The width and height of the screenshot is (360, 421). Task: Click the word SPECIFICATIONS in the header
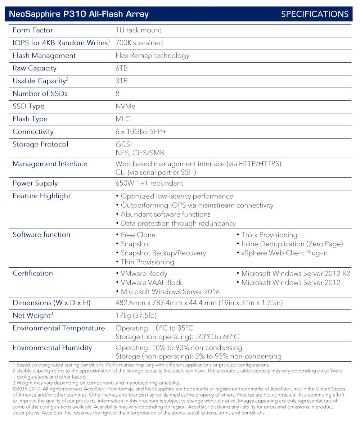point(314,14)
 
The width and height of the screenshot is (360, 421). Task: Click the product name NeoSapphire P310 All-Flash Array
point(78,14)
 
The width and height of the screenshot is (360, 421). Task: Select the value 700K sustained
point(139,43)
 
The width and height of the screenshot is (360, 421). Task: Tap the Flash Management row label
point(44,55)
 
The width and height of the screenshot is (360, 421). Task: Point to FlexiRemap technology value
point(152,55)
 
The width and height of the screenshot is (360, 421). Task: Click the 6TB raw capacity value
point(122,68)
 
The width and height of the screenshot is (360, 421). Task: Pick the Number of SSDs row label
point(40,94)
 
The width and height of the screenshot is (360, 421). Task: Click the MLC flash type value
point(123,119)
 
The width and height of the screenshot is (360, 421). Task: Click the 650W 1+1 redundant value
point(149,183)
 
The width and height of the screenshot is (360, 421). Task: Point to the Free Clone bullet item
point(138,235)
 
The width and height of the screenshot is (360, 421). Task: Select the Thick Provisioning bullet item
point(269,235)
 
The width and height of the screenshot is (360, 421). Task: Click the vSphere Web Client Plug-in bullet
point(284,253)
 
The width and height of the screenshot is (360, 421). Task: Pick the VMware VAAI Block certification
point(151,282)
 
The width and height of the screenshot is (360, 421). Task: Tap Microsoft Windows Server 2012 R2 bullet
point(296,273)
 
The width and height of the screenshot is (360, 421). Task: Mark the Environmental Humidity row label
point(52,348)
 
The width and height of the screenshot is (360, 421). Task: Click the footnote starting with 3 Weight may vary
point(96,382)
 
